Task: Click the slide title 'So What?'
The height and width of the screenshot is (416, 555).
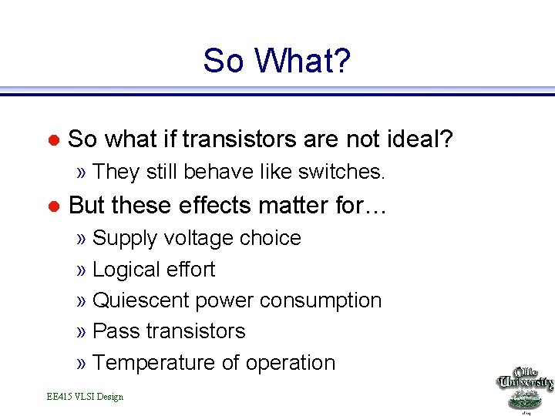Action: pyautogui.click(x=277, y=61)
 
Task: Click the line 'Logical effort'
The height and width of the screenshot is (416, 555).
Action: pyautogui.click(x=153, y=270)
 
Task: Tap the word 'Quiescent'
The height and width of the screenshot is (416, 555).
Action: pyautogui.click(x=140, y=300)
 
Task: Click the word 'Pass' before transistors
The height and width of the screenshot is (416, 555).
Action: pyautogui.click(x=115, y=331)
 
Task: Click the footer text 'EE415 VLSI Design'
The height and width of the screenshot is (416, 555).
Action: pyautogui.click(x=85, y=397)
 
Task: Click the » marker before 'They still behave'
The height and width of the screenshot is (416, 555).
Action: pyautogui.click(x=82, y=173)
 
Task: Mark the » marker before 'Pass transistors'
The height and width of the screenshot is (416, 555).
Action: pyautogui.click(x=82, y=332)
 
